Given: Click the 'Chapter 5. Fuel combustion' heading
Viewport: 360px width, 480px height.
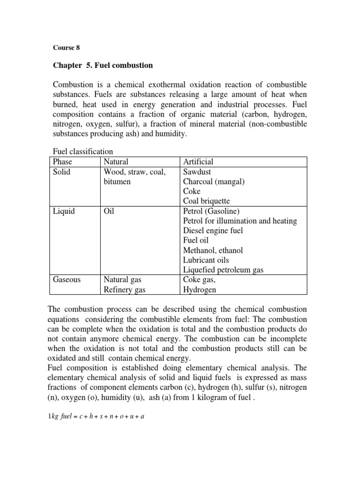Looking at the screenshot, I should (x=102, y=65).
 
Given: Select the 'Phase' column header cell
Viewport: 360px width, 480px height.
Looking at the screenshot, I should (x=62, y=162).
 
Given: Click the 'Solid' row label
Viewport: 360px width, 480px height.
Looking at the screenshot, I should (x=61, y=172).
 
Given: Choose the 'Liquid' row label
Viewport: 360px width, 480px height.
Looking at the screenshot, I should (x=63, y=211).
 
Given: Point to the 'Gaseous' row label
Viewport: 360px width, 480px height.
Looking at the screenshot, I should (x=67, y=280).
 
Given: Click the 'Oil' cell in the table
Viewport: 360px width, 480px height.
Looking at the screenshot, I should (x=109, y=211).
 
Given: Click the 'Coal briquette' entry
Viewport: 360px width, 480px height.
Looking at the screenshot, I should (x=206, y=201).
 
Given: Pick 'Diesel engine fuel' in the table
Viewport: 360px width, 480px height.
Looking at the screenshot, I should (x=213, y=231).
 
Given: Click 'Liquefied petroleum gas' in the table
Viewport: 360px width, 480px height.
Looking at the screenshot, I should (x=224, y=270).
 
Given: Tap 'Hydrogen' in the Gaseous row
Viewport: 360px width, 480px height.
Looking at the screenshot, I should (x=200, y=290).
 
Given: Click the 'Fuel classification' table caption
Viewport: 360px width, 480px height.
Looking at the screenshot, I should (x=83, y=151).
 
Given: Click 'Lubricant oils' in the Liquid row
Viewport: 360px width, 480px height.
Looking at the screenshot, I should (x=206, y=260).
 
